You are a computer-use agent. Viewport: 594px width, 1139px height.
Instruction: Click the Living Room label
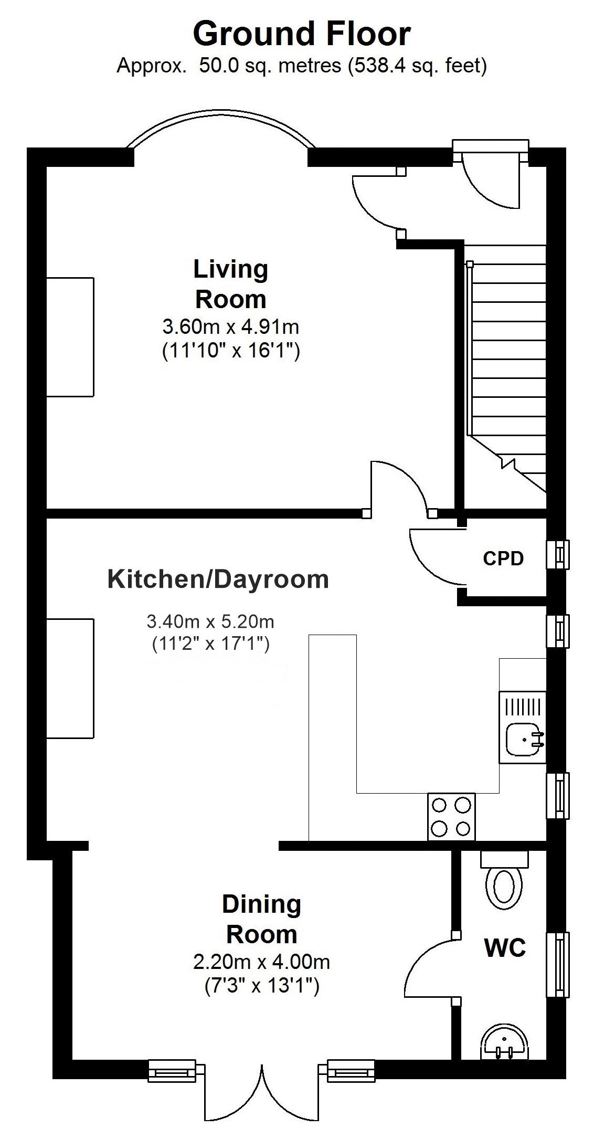tap(231, 284)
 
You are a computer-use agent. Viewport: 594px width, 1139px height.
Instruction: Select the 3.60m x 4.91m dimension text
tap(231, 327)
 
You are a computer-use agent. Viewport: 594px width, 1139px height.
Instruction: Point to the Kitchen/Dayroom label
tap(218, 579)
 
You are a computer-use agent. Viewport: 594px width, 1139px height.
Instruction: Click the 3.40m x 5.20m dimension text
tap(210, 622)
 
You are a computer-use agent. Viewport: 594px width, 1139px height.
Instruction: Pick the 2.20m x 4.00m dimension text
tap(261, 962)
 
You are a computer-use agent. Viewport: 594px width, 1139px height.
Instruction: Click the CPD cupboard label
tap(503, 558)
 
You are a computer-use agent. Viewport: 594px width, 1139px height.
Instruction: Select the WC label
tap(505, 948)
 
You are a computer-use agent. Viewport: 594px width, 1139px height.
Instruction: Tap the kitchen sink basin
tap(522, 739)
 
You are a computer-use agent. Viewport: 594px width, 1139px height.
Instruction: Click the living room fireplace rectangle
tap(70, 337)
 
